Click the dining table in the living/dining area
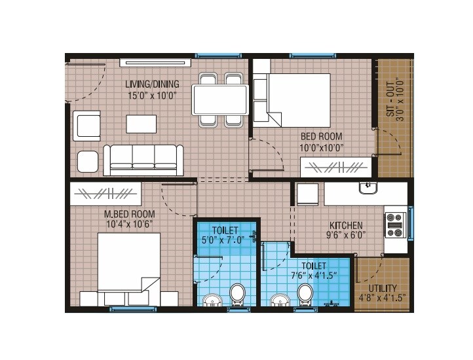tap(220, 99)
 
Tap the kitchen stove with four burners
tap(394, 225)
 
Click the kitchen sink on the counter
tap(368, 189)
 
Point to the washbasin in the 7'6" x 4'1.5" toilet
tap(280, 301)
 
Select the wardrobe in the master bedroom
tap(105, 194)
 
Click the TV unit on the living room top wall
tap(155, 63)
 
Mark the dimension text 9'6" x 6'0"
tap(347, 235)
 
